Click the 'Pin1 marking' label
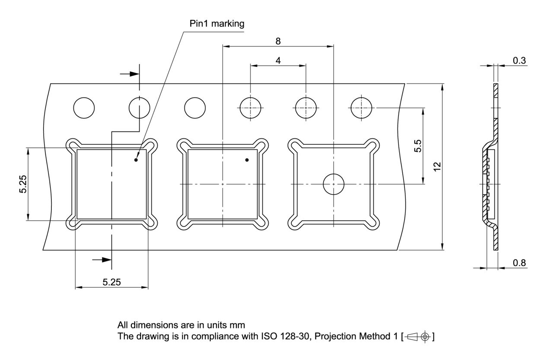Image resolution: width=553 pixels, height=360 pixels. point(216,23)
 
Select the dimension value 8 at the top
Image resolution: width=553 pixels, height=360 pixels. point(278,41)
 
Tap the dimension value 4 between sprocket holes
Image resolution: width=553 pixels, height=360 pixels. point(278,61)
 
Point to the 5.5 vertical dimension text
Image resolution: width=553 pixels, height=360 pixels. point(418,146)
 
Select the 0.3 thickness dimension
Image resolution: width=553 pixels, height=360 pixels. point(519,61)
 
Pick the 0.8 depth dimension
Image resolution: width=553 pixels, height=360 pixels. point(519,262)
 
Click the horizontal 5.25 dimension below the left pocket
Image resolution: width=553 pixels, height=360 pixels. point(111,282)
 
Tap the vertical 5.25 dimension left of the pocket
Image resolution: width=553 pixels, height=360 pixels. point(23,185)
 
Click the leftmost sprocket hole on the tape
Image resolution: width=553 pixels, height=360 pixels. point(84,108)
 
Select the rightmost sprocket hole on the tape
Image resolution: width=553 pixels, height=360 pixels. point(361,108)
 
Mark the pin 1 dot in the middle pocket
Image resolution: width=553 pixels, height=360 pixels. point(247,160)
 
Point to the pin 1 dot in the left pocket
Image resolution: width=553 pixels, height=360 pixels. point(136,160)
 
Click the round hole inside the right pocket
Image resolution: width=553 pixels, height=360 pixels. point(334,185)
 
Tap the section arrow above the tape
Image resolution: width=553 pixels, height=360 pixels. point(130,74)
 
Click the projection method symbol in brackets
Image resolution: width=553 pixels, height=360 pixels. point(418,336)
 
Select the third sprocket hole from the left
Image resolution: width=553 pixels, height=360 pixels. point(195,108)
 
